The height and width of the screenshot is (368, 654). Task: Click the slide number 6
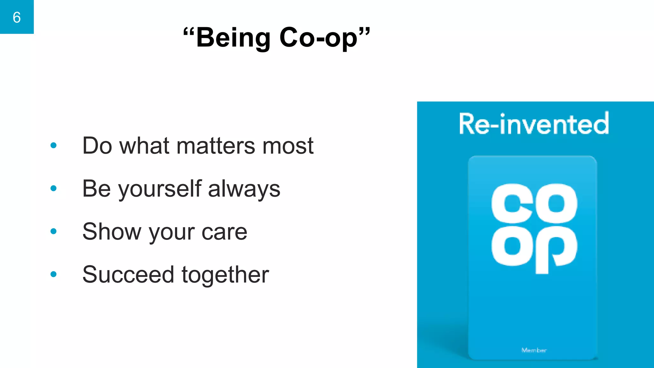pyautogui.click(x=17, y=17)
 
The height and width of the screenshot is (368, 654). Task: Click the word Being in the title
pyautogui.click(x=233, y=38)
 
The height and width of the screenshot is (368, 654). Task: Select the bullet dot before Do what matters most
pyautogui.click(x=54, y=146)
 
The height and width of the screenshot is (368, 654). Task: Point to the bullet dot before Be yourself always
pyautogui.click(x=54, y=188)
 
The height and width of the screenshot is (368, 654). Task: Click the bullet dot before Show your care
pyautogui.click(x=54, y=231)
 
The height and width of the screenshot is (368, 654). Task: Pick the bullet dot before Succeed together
pyautogui.click(x=54, y=274)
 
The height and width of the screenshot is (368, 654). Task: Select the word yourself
pyautogui.click(x=160, y=189)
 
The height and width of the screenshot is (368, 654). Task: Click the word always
pyautogui.click(x=244, y=189)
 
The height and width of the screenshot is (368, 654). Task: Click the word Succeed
pyautogui.click(x=128, y=275)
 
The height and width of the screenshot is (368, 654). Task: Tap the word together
pyautogui.click(x=225, y=275)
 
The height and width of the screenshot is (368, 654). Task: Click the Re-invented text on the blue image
pyautogui.click(x=534, y=124)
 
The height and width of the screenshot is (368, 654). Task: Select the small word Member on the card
pyautogui.click(x=534, y=350)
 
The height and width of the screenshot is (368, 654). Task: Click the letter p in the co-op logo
pyautogui.click(x=556, y=249)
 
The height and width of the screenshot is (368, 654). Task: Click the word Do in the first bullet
pyautogui.click(x=97, y=146)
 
